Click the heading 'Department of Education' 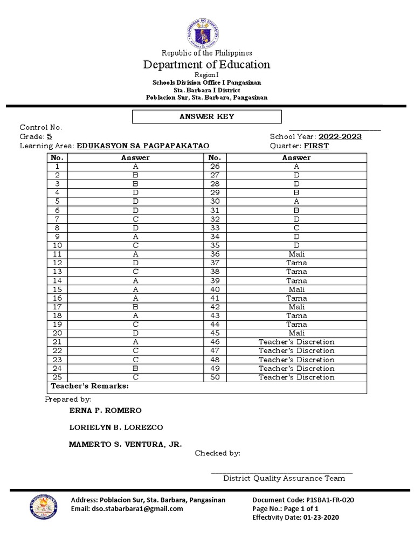point(206,65)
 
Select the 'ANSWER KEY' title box point(207,116)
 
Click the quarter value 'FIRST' point(316,146)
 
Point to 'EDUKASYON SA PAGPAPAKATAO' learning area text point(143,146)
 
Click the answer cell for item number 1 point(135,167)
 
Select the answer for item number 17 point(135,307)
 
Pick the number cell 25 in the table point(57,377)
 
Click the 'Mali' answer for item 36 point(296,254)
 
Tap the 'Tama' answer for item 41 point(296,298)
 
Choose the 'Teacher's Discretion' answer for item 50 point(296,377)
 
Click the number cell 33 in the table point(215,228)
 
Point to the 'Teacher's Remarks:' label point(90,387)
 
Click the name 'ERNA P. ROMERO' point(106,410)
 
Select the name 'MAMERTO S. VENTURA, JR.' point(126,444)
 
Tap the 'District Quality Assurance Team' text point(284,478)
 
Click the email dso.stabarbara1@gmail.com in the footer point(127,508)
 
